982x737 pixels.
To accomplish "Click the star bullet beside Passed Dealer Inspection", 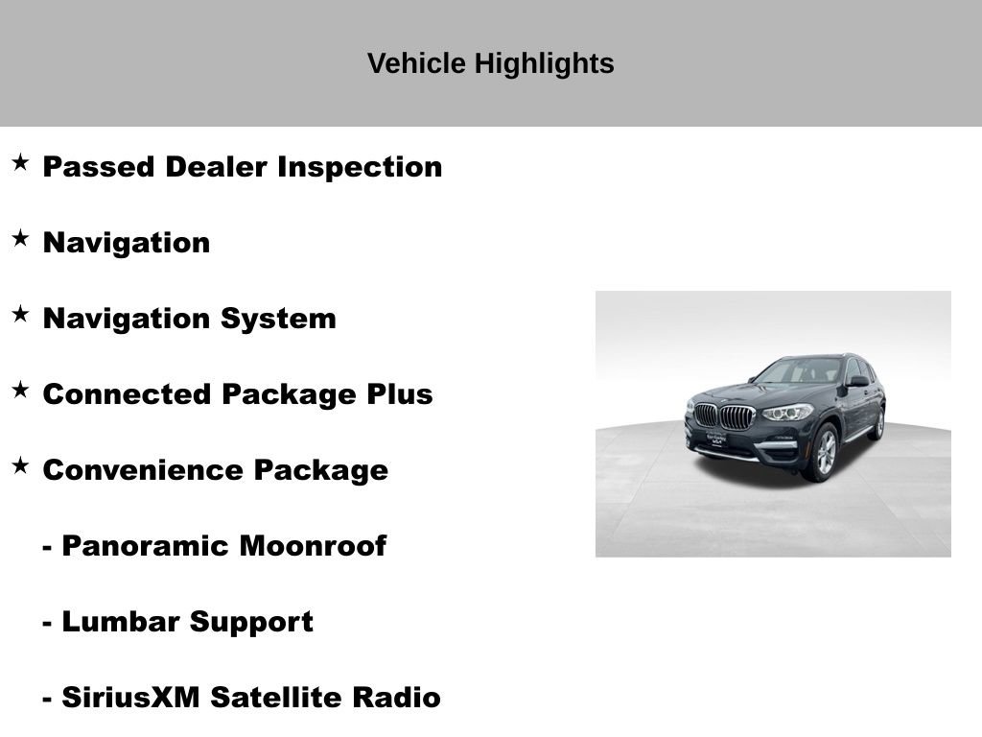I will coord(20,162).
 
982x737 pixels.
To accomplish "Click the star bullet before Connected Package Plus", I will coord(20,390).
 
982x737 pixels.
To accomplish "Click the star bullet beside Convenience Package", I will coord(20,465).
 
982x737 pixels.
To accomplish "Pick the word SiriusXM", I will coord(130,698).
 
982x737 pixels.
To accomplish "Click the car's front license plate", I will coord(711,439).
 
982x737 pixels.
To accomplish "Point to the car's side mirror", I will coord(856,381).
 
